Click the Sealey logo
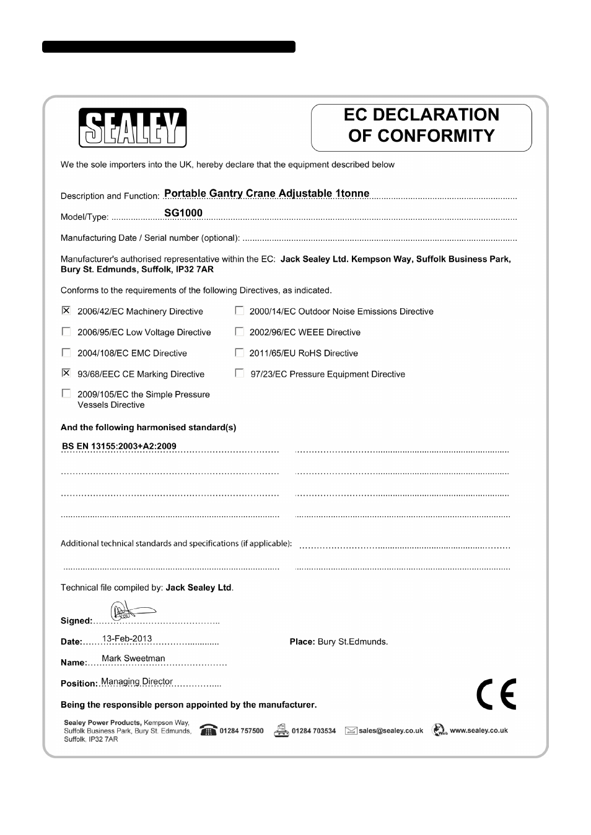(x=132, y=128)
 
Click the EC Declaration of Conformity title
(x=421, y=125)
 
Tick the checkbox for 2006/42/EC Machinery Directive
(x=66, y=311)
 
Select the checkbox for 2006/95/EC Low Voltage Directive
(x=66, y=332)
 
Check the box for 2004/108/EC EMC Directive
(x=66, y=353)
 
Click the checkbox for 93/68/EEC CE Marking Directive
(x=66, y=373)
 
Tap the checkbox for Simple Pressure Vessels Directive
(x=66, y=394)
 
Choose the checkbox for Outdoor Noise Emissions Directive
(x=239, y=311)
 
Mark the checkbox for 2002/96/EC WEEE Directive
(x=239, y=332)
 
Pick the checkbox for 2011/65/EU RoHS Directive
(x=239, y=353)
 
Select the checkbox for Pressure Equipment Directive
(x=239, y=373)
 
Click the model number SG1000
(x=183, y=213)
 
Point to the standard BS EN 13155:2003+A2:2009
(x=119, y=446)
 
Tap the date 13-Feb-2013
(x=127, y=639)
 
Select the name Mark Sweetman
(x=133, y=659)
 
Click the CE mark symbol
(x=496, y=694)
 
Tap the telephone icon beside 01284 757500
(x=208, y=730)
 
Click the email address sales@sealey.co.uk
(x=391, y=731)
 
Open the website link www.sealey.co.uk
(x=479, y=730)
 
